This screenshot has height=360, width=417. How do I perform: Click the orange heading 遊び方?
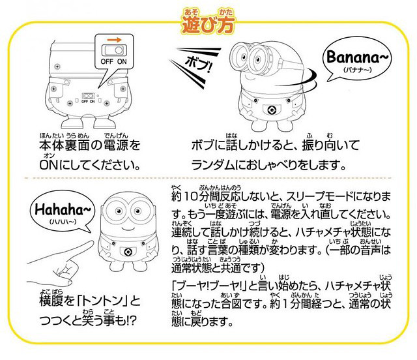[x=208, y=25]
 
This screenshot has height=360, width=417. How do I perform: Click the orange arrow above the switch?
[x=114, y=40]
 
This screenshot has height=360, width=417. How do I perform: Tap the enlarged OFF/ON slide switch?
[x=115, y=50]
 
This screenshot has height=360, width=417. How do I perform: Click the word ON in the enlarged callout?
[x=122, y=61]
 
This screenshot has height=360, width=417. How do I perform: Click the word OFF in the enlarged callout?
[x=107, y=61]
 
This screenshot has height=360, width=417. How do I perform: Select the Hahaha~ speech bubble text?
[x=63, y=210]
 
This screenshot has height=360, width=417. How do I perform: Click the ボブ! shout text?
[x=198, y=65]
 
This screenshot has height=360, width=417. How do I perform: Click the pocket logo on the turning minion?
[x=272, y=110]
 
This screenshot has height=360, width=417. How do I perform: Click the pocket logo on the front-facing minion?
[x=128, y=252]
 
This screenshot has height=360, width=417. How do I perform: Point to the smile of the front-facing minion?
[x=128, y=228]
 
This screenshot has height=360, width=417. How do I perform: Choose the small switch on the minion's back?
[x=89, y=96]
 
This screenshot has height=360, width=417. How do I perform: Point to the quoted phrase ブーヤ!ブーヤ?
[x=210, y=286]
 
